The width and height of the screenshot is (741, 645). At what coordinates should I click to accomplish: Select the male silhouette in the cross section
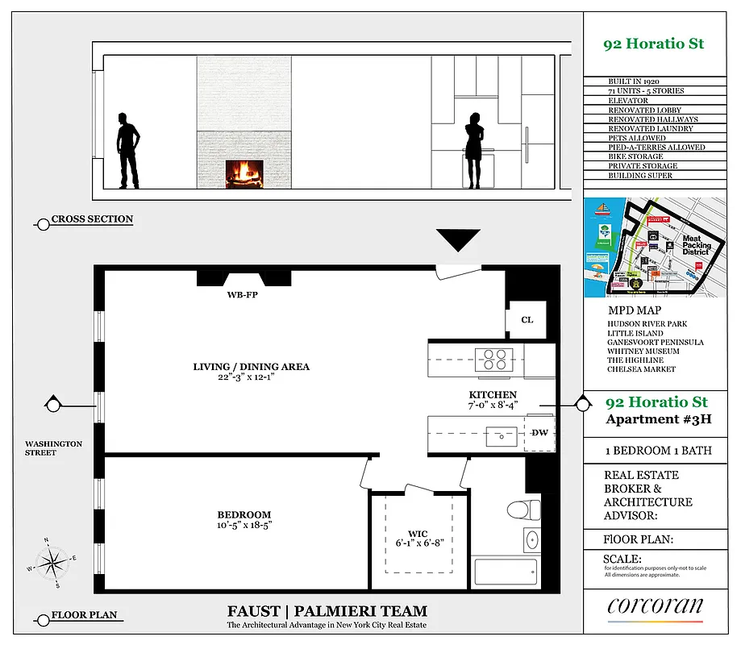[127, 150]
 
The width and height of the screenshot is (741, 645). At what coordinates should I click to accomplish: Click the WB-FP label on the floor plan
[243, 295]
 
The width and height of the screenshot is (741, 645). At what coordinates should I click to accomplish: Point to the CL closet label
[527, 320]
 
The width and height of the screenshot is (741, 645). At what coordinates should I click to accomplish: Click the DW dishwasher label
[539, 433]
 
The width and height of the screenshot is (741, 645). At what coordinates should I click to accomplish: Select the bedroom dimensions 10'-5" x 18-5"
[244, 526]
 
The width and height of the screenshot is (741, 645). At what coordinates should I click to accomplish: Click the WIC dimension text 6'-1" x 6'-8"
[418, 543]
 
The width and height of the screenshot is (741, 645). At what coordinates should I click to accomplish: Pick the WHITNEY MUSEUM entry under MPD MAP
[643, 352]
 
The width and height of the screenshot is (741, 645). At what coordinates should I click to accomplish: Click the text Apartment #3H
[652, 419]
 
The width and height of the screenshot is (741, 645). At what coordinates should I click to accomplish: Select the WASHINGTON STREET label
[53, 448]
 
